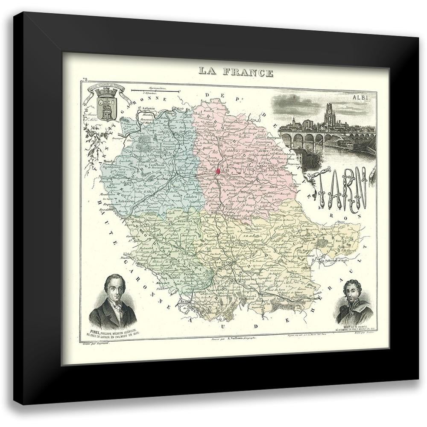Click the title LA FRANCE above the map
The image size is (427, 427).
236,72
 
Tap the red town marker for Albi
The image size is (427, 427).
218,171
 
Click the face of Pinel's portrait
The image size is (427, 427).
114,290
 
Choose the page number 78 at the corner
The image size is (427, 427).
85,80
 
